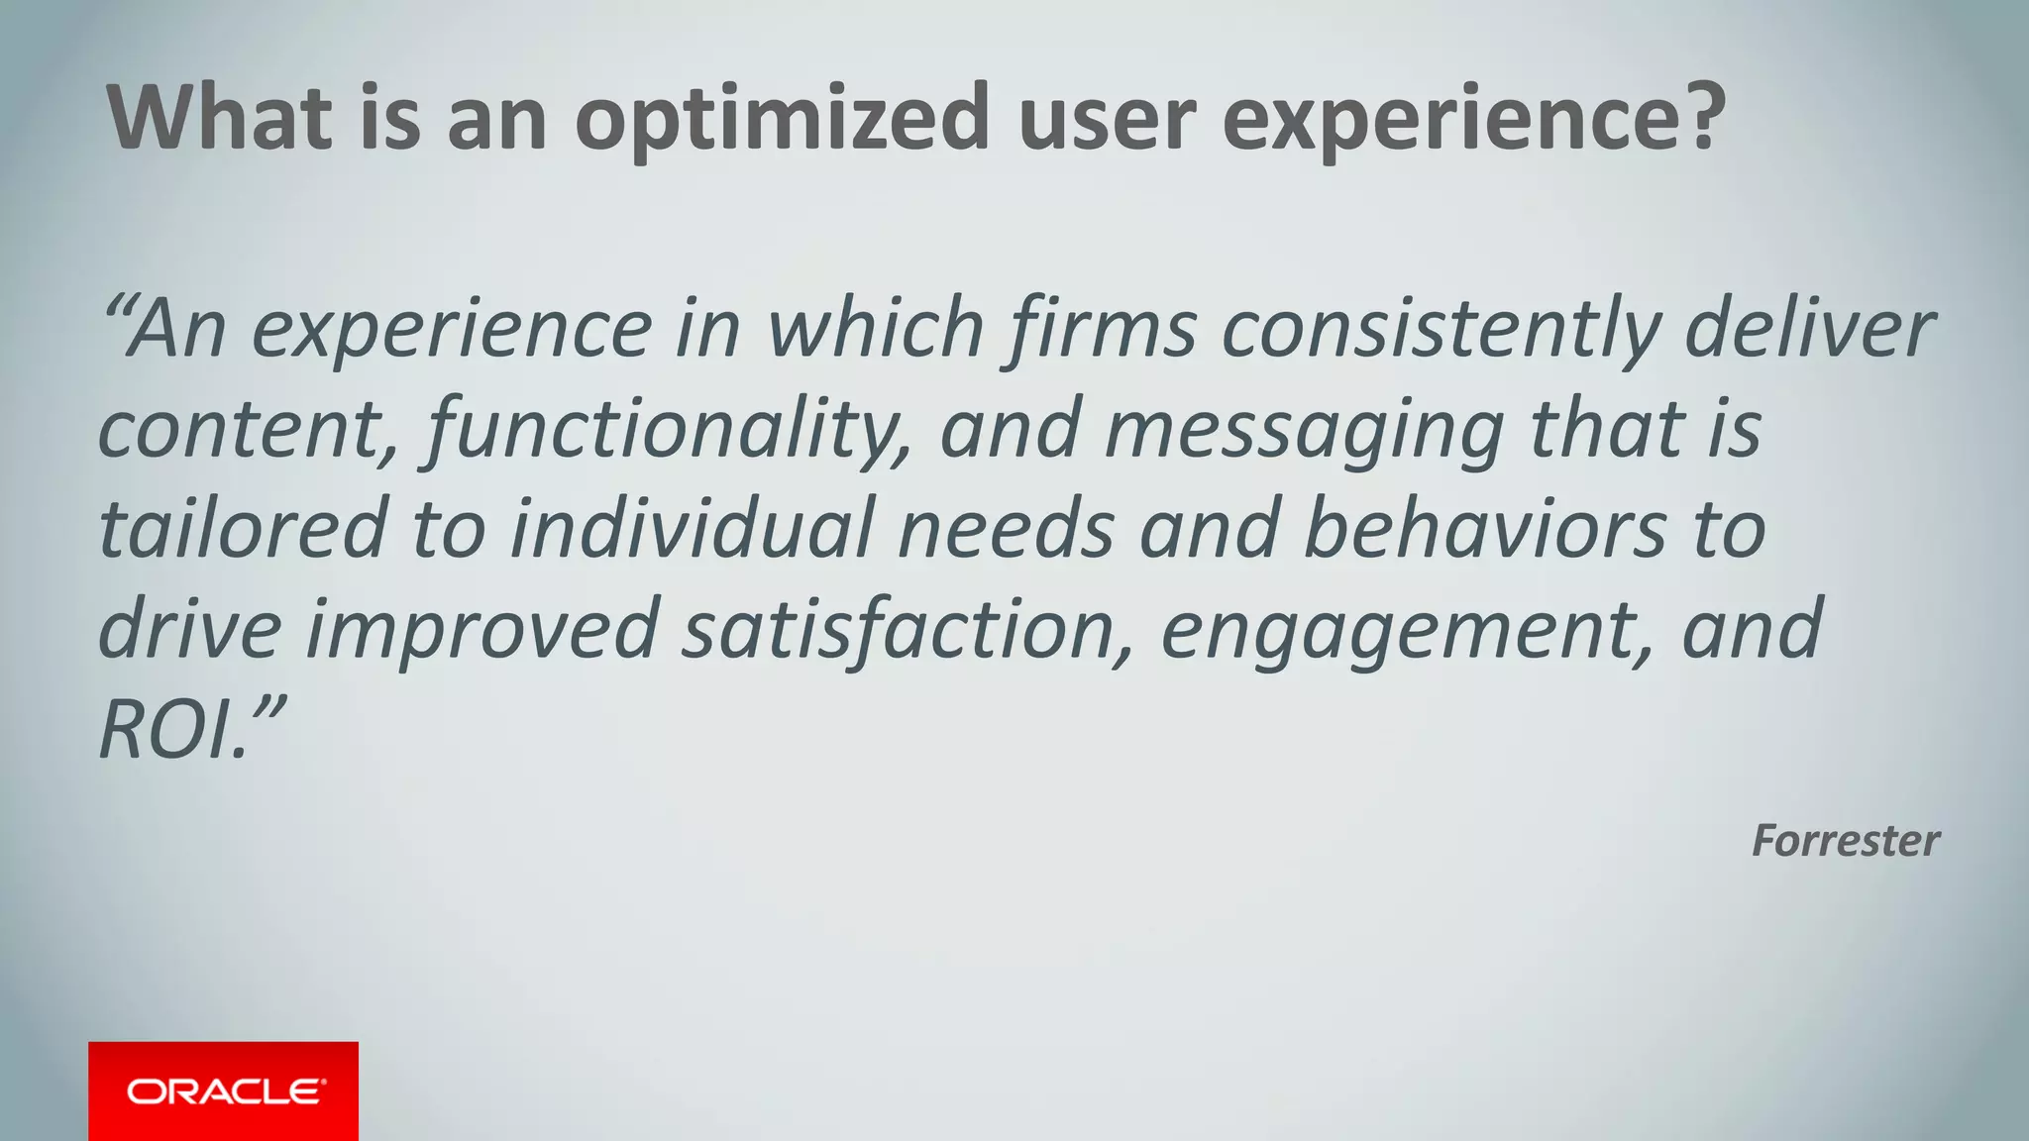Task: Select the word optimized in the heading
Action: click(783, 119)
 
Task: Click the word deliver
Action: click(1809, 329)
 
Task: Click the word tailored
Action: click(243, 529)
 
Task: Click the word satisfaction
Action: click(908, 630)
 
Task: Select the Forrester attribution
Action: click(1845, 841)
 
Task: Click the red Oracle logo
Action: click(224, 1090)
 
